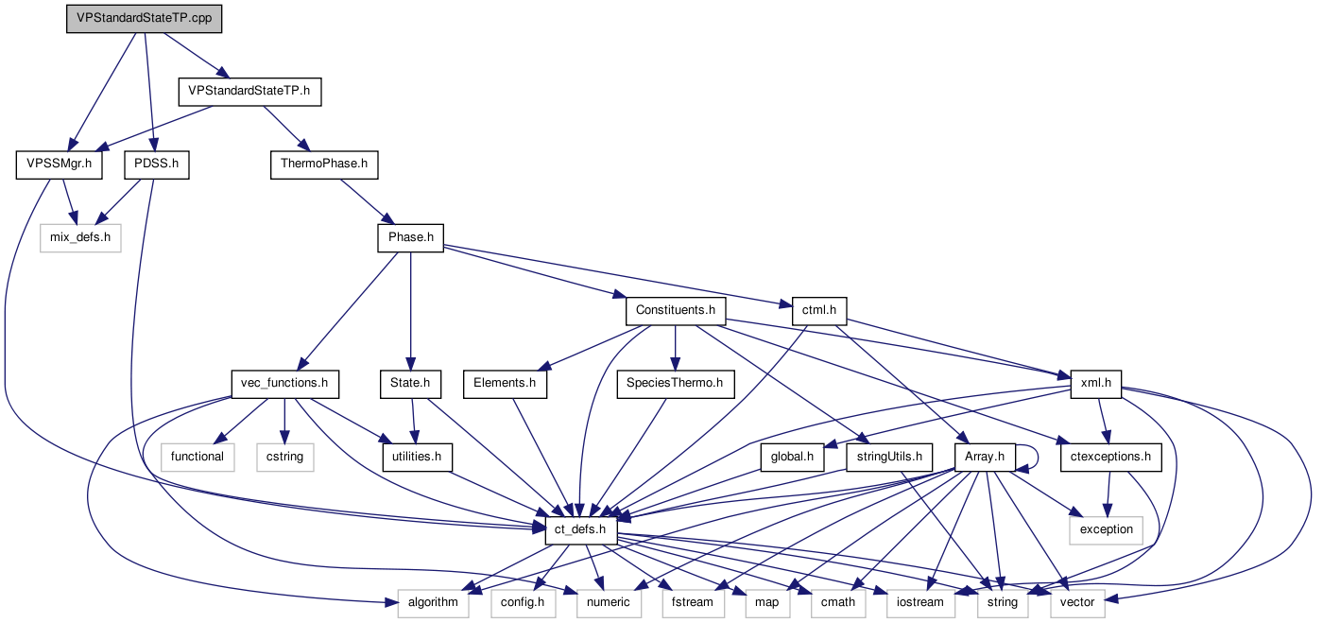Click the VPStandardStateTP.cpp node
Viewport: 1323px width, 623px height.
(144, 20)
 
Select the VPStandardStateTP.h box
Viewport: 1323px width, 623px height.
(250, 92)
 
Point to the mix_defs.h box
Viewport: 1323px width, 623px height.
(80, 237)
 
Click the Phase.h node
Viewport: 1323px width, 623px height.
(410, 237)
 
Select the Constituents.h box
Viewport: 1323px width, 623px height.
(675, 310)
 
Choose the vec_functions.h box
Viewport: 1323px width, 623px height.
(284, 384)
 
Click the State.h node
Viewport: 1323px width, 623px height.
(410, 384)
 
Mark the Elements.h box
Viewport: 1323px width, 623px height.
(505, 384)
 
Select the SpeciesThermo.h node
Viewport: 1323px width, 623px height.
(675, 384)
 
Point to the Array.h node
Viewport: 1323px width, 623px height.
(984, 458)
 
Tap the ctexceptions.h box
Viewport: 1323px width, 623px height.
(1110, 458)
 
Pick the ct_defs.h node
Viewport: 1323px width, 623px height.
(581, 530)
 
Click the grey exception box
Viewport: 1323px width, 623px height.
(1106, 529)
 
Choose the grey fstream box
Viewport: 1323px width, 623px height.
(693, 602)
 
